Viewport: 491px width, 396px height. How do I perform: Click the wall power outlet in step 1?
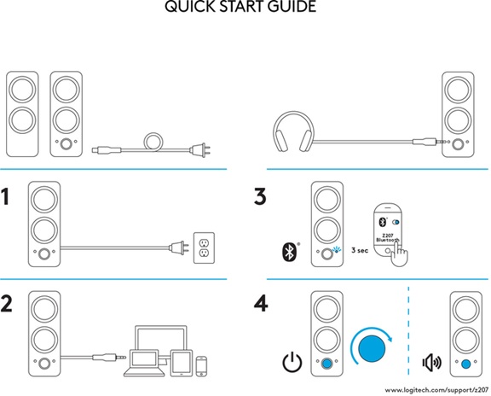click(x=204, y=247)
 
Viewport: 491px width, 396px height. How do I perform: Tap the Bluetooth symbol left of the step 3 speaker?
click(x=288, y=252)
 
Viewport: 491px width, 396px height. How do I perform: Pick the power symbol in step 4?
click(x=292, y=363)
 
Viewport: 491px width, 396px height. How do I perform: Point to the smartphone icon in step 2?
click(x=201, y=364)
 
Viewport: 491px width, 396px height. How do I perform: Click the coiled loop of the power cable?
click(x=154, y=141)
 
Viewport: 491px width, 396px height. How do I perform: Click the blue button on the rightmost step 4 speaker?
click(x=465, y=362)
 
